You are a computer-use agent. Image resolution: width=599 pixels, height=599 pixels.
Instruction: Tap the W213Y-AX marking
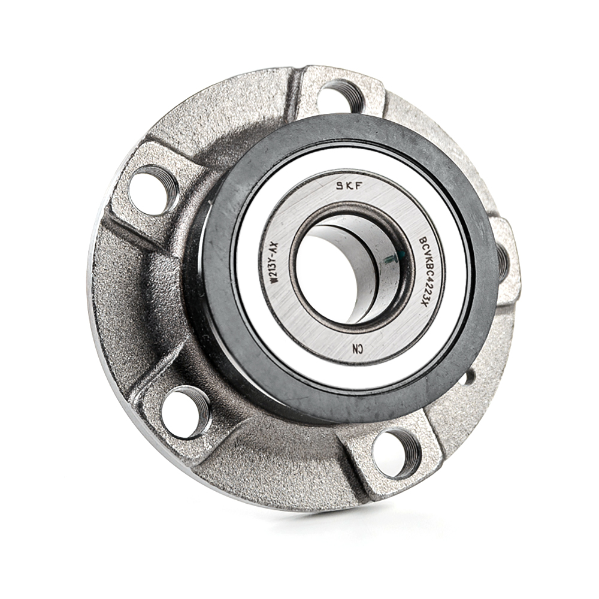click(275, 263)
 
